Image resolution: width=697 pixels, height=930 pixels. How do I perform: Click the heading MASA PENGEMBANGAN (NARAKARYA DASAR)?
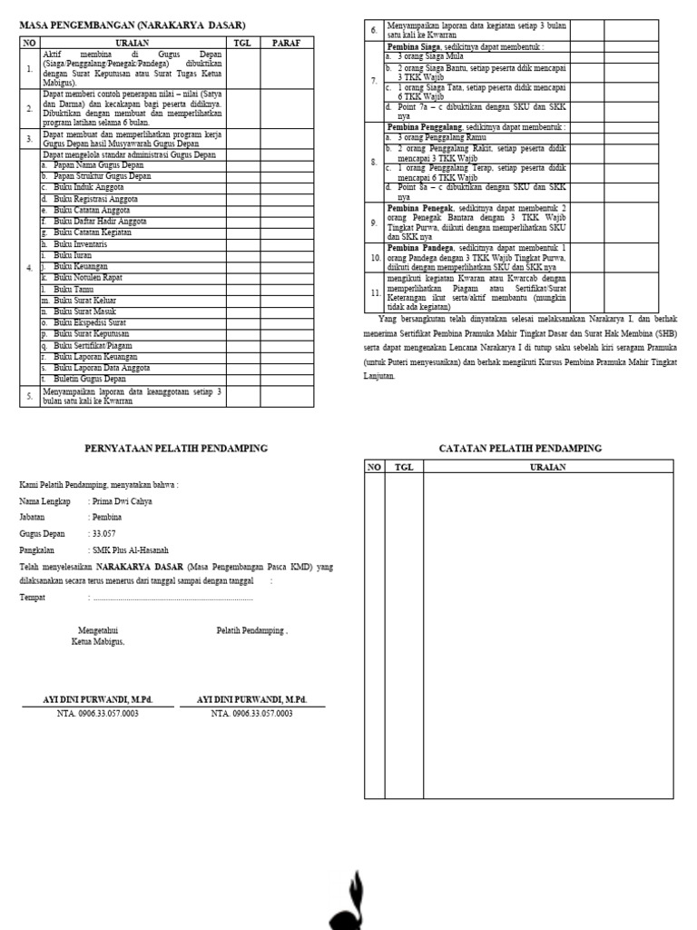pyautogui.click(x=133, y=25)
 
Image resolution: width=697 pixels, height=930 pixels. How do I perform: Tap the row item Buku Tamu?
pyautogui.click(x=74, y=289)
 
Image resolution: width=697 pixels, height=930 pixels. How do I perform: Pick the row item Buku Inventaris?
pyautogui.click(x=81, y=244)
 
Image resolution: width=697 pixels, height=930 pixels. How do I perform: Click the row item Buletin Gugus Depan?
pyautogui.click(x=90, y=378)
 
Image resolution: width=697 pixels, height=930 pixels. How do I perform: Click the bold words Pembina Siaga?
pyautogui.click(x=414, y=46)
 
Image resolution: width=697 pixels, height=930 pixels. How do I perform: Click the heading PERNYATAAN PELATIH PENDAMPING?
pyautogui.click(x=176, y=449)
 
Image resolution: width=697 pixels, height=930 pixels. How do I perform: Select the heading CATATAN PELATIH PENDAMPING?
pyautogui.click(x=520, y=449)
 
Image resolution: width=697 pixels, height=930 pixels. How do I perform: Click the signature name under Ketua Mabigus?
pyautogui.click(x=98, y=700)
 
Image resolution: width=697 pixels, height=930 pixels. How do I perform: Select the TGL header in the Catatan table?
pyautogui.click(x=402, y=467)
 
